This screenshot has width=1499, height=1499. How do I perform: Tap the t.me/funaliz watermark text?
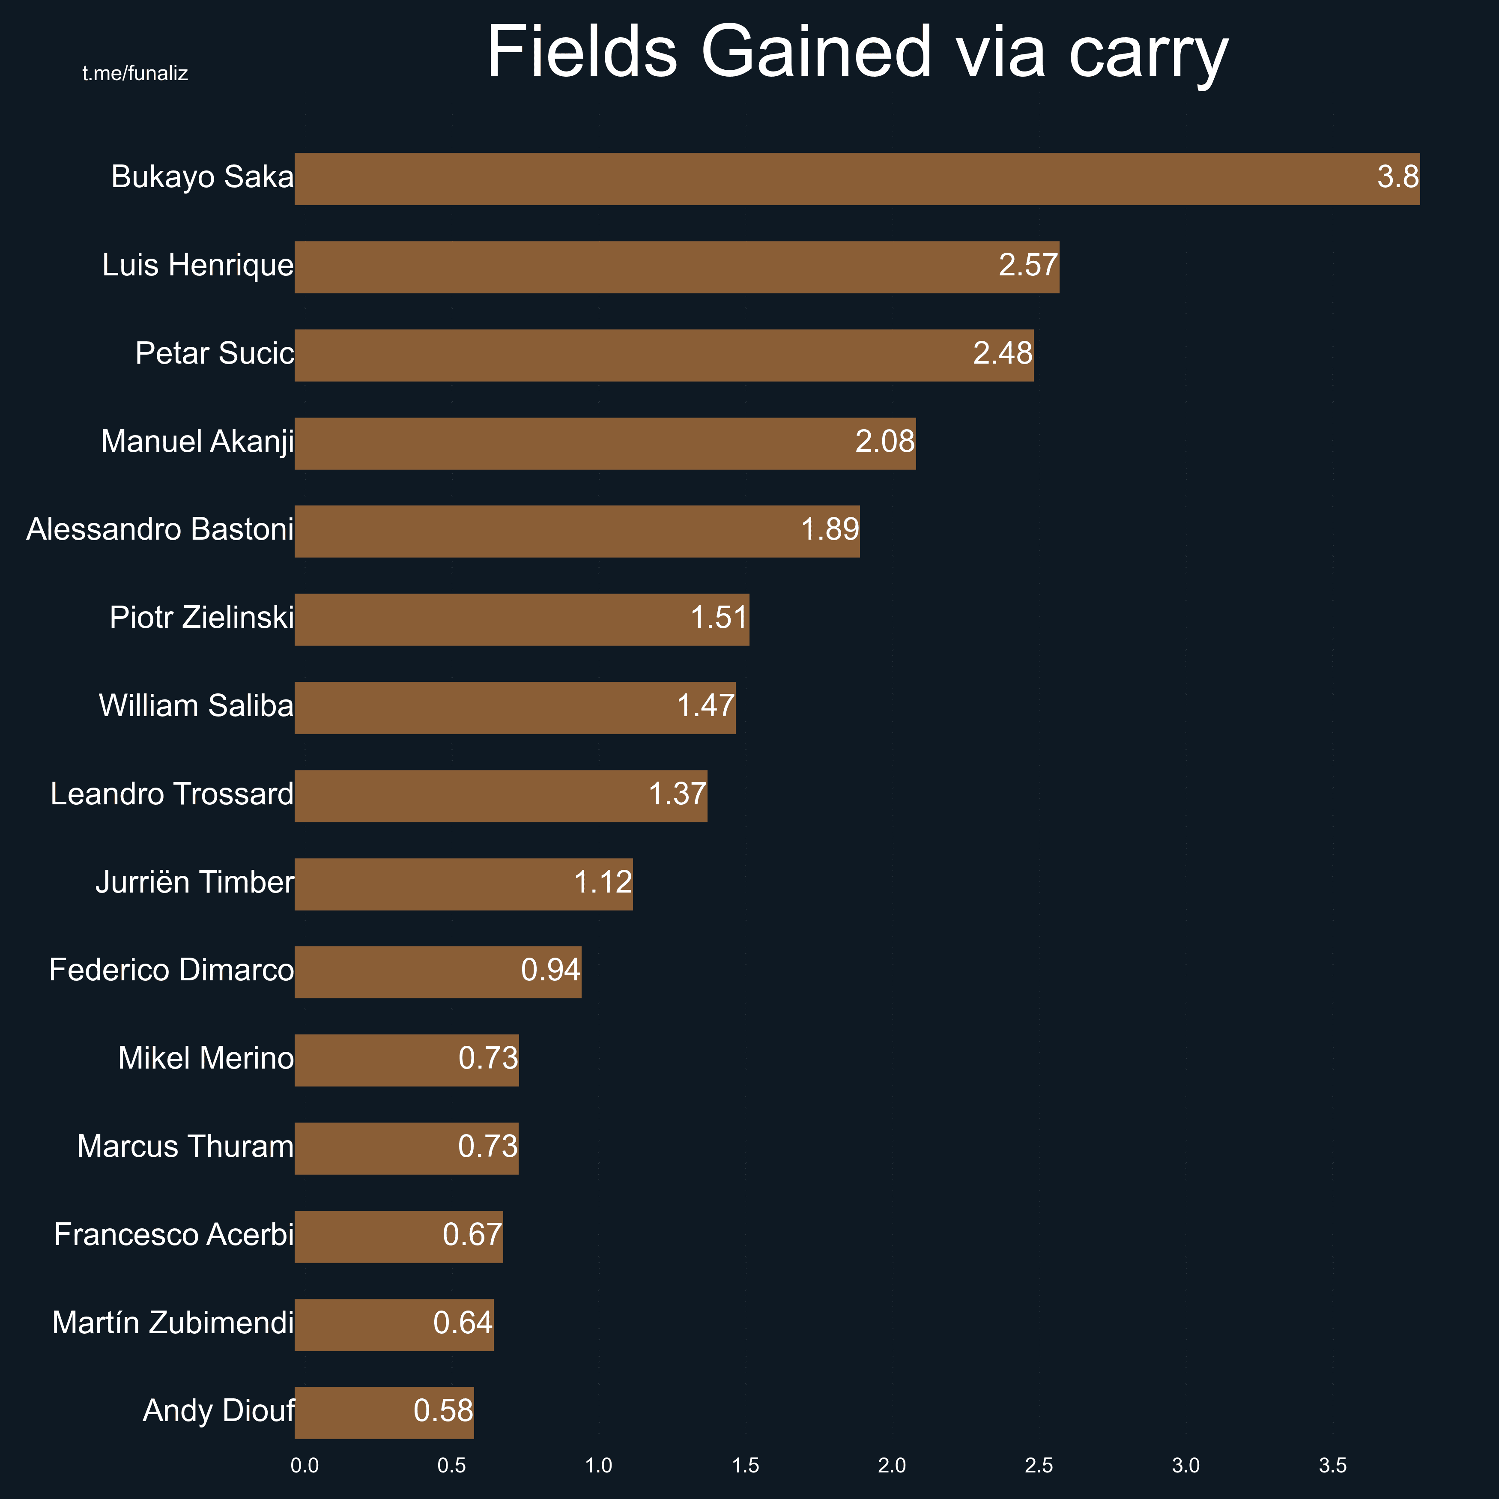tap(135, 74)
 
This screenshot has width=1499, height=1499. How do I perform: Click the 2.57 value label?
tap(1027, 266)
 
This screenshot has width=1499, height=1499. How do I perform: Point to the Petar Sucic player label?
tap(214, 354)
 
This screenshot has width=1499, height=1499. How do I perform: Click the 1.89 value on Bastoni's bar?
tap(830, 530)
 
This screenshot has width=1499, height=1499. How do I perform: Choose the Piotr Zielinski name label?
tap(202, 618)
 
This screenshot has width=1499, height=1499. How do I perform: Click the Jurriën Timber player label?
tap(195, 883)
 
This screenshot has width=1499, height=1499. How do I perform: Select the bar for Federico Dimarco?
tap(438, 972)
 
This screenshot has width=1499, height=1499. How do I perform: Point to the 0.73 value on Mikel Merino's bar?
tap(488, 1058)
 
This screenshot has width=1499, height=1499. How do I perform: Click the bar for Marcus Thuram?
tap(406, 1148)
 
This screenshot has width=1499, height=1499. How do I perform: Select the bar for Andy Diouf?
tap(384, 1413)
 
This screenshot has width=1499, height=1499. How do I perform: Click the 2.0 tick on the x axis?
tap(892, 1466)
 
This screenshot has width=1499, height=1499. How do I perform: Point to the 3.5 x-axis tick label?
tap(1332, 1466)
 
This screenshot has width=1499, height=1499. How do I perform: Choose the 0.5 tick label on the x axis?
tap(451, 1466)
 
